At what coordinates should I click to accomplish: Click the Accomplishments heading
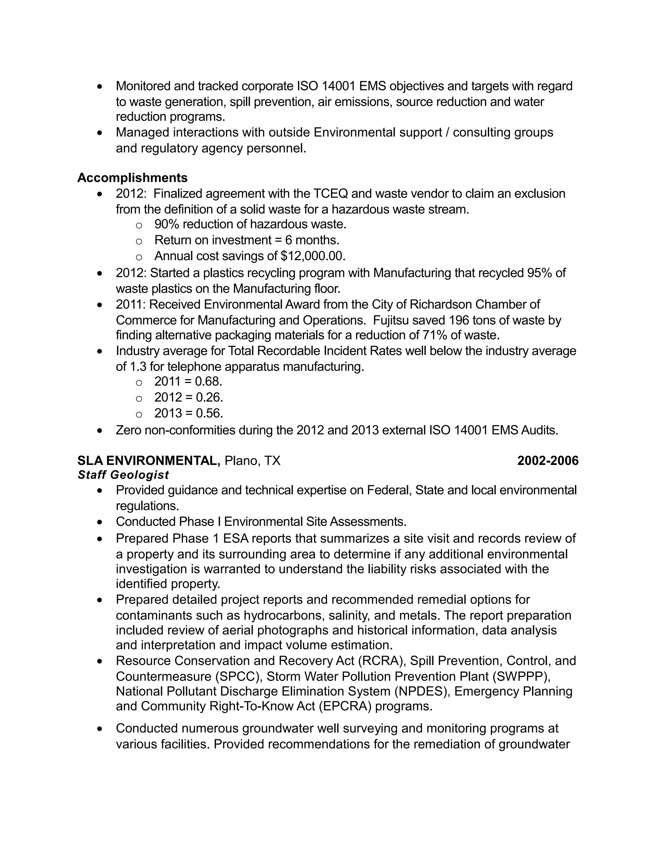[132, 178]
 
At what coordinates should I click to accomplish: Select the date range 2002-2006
[547, 461]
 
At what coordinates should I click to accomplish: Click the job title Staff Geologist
[123, 475]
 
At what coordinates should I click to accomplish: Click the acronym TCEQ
[330, 194]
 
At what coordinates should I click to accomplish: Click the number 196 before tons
[459, 320]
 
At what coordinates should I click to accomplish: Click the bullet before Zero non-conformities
[100, 431]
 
